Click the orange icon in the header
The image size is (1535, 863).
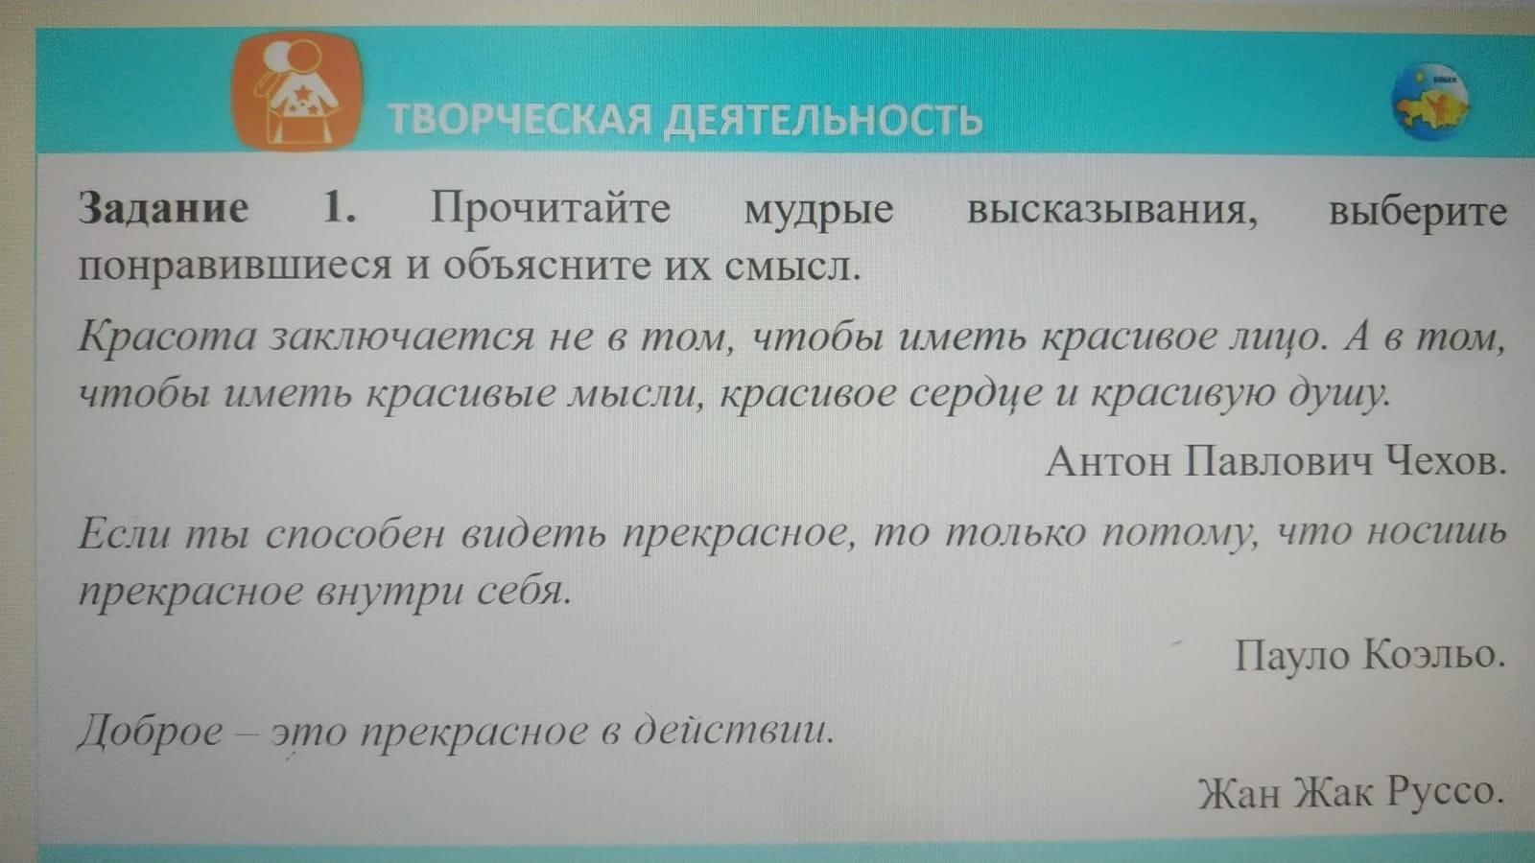click(x=296, y=90)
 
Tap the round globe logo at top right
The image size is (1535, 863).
click(x=1430, y=102)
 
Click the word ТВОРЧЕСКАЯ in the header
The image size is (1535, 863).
click(x=519, y=119)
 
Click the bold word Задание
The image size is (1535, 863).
click(x=162, y=207)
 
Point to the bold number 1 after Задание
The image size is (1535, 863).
click(x=340, y=207)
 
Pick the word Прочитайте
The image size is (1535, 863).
click(x=551, y=207)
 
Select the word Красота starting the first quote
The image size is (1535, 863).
click(x=167, y=337)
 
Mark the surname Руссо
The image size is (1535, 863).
click(x=1445, y=792)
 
